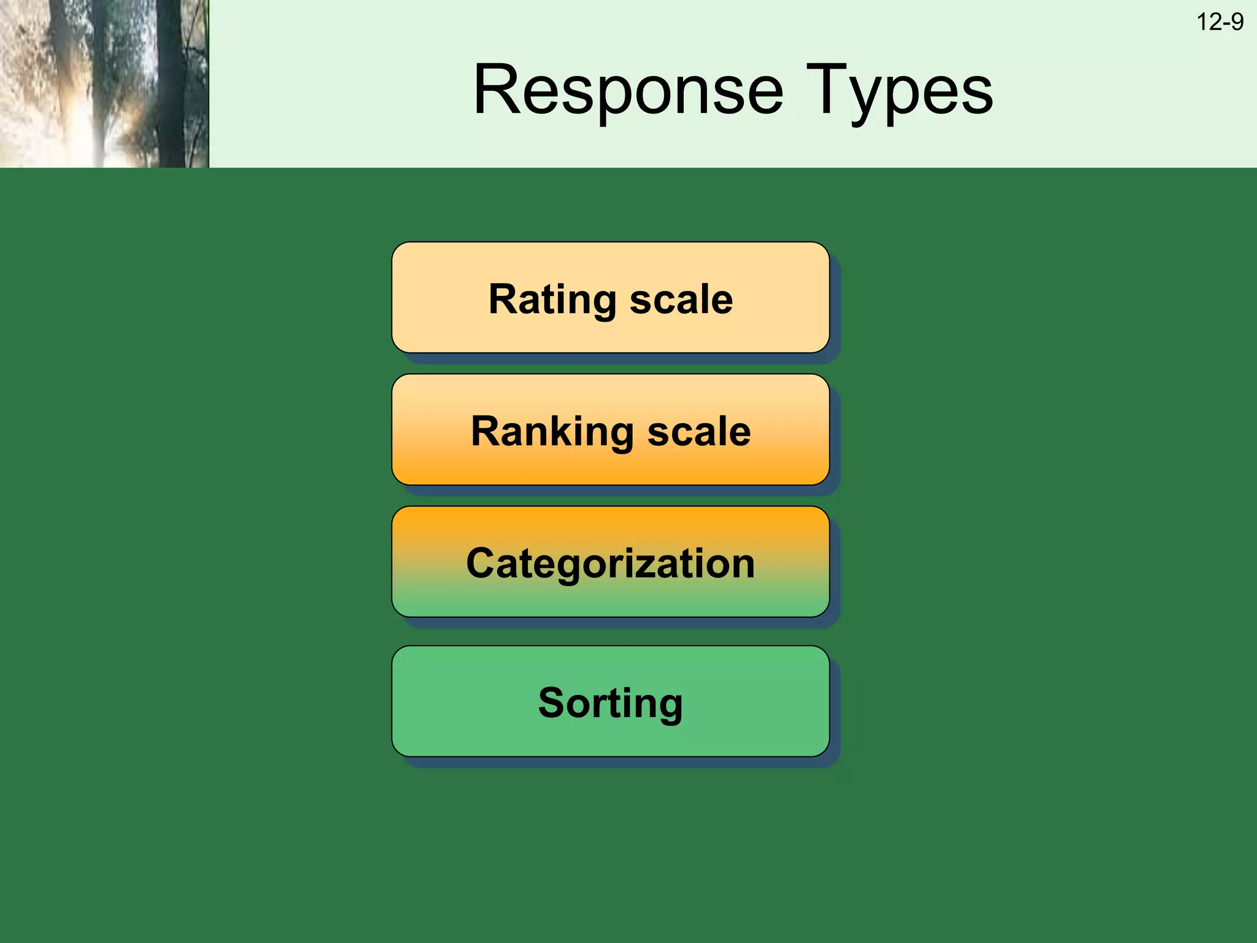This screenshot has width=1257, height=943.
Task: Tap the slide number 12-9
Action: pos(1220,22)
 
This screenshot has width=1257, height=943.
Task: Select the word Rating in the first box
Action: pos(552,300)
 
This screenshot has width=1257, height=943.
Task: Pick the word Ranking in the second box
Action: pos(552,432)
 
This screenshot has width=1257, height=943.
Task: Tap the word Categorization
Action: pos(610,564)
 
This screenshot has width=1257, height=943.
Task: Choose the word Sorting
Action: pos(610,703)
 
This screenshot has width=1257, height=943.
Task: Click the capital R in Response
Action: pos(496,91)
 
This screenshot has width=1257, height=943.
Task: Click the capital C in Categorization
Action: pos(482,564)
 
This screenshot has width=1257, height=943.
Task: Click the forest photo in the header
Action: pos(104,83)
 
